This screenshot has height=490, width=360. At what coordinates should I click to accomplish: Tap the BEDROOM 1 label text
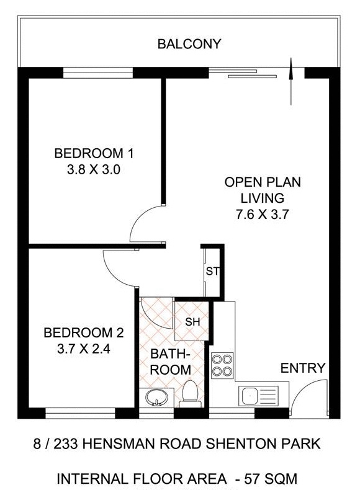(94, 153)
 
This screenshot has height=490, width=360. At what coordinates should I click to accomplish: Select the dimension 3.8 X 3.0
(94, 169)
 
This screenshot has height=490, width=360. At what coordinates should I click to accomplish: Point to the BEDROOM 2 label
(84, 333)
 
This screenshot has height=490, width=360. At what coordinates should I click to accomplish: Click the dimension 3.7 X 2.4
(84, 349)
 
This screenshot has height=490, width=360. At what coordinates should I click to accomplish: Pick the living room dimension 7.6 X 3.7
(263, 215)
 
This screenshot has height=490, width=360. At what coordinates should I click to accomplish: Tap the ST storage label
(212, 271)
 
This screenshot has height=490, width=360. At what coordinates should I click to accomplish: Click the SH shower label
(192, 321)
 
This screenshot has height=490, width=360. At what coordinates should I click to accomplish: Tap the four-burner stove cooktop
(222, 365)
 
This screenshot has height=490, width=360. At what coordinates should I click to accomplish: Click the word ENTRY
(303, 368)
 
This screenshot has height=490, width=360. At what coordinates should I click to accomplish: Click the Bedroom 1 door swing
(144, 223)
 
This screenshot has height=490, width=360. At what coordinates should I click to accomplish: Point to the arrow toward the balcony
(292, 81)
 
